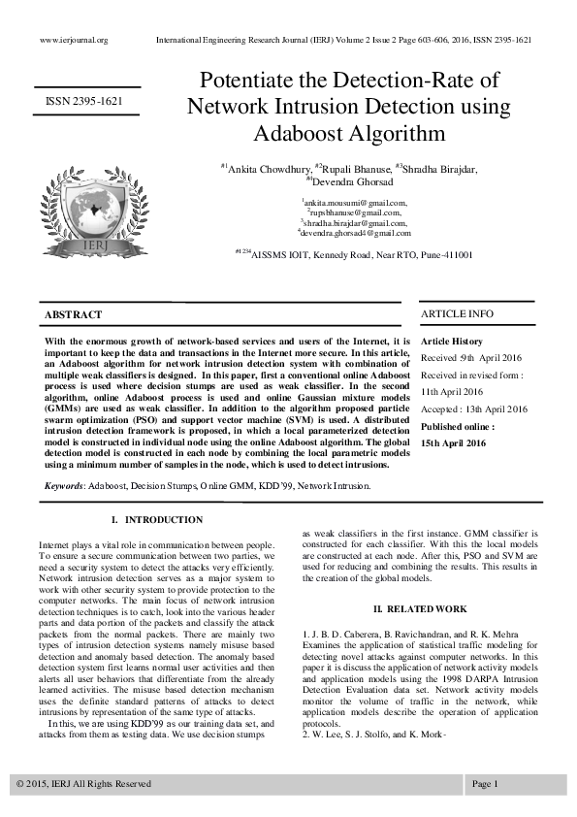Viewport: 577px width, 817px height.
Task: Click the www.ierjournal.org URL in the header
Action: [x=73, y=40]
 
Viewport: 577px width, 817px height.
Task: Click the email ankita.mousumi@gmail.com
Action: [x=355, y=202]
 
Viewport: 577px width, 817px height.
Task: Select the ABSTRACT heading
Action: [x=73, y=315]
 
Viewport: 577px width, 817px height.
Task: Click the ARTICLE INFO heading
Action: [x=457, y=314]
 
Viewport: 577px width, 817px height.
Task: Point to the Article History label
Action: [x=451, y=342]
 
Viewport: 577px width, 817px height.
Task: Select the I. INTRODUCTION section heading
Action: [x=157, y=520]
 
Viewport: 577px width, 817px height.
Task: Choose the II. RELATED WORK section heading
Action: [x=420, y=608]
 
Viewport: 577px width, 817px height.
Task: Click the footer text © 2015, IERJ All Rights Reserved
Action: [x=84, y=783]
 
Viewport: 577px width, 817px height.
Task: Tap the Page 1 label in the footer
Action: [x=485, y=783]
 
